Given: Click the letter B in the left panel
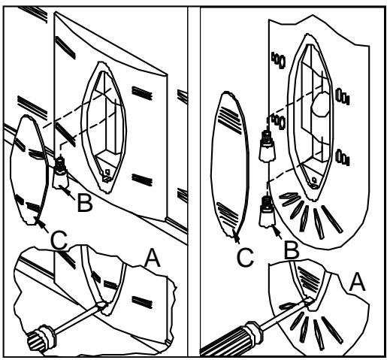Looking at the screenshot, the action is [x=85, y=203].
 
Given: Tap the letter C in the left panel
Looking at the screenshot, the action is [x=59, y=241].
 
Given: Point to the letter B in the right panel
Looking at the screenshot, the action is [x=292, y=250].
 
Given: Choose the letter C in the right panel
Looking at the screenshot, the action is [x=245, y=258].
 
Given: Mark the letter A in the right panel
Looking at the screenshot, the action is [x=357, y=282].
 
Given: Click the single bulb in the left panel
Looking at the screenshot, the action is [x=60, y=173].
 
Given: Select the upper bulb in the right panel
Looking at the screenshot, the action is [x=268, y=146].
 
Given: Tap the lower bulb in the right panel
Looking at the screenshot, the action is [x=268, y=211].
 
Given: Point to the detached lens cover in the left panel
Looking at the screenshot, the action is [x=29, y=171].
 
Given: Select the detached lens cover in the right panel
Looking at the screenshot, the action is [x=230, y=164].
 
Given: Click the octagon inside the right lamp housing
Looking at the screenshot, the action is [x=321, y=104].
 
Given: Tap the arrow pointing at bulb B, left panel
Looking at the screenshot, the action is [x=67, y=192].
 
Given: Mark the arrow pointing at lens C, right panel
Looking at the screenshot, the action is [x=236, y=236].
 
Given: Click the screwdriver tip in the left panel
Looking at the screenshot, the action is [x=102, y=304].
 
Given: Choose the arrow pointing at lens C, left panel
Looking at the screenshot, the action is [x=41, y=225].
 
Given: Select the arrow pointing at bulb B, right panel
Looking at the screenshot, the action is [x=277, y=232].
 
